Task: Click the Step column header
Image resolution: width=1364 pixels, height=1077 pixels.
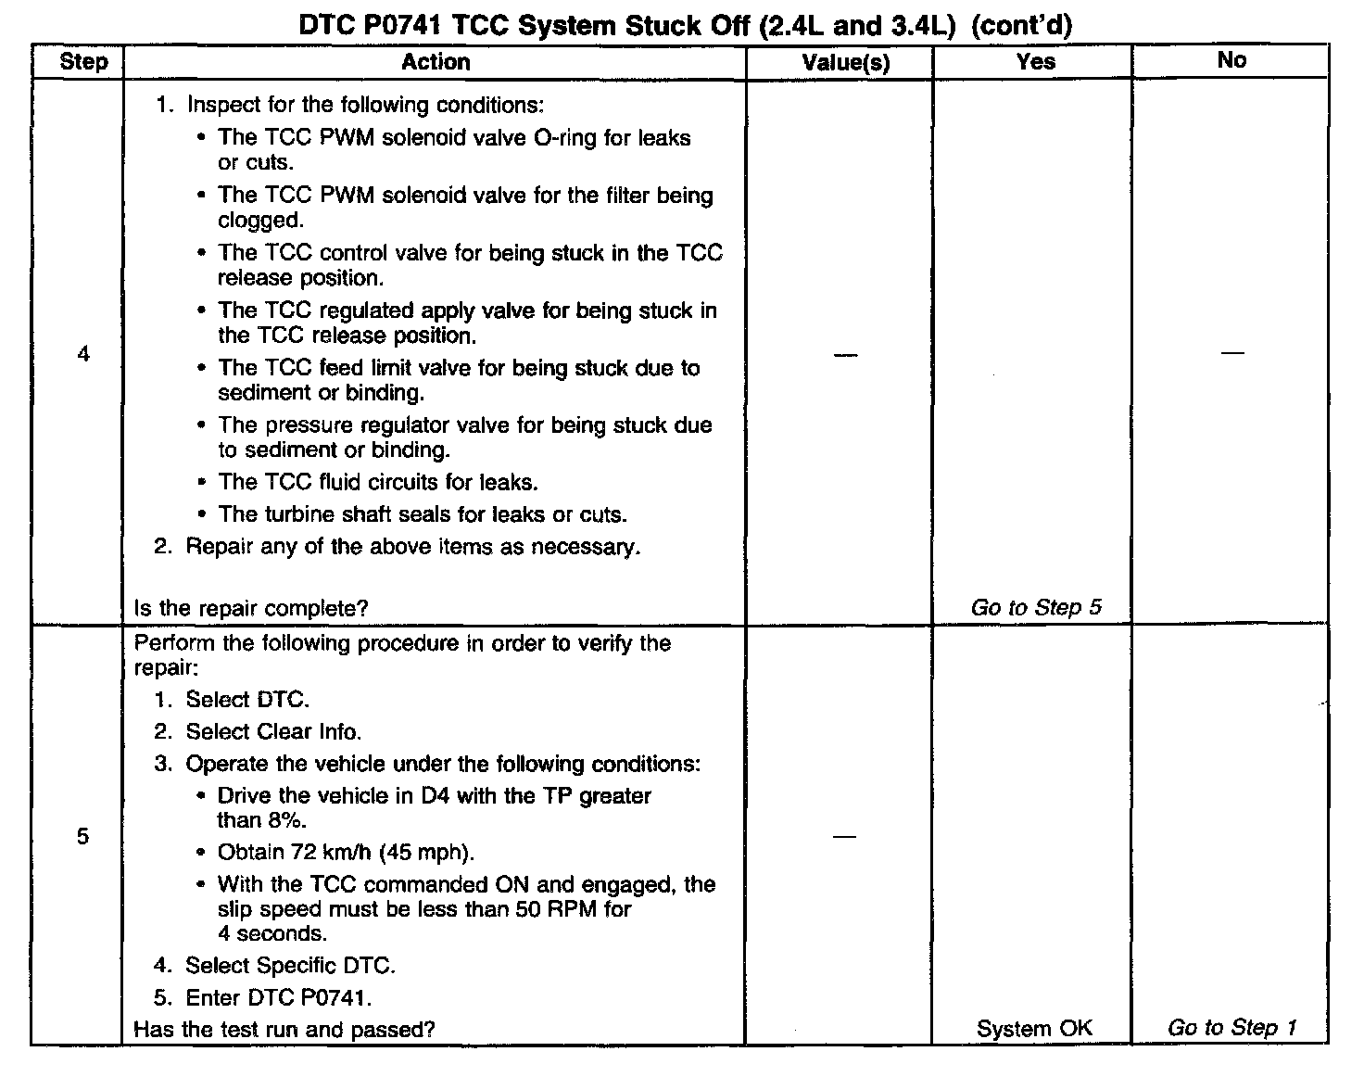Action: pyautogui.click(x=83, y=62)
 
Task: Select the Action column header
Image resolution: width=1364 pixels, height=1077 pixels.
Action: pyautogui.click(x=436, y=62)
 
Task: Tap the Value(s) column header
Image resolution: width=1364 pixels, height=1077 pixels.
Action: pyautogui.click(x=845, y=62)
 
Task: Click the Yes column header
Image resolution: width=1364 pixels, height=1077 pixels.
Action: pyautogui.click(x=1035, y=61)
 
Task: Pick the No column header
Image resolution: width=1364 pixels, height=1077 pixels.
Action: pyautogui.click(x=1231, y=60)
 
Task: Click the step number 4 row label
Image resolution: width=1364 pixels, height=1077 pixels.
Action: pyautogui.click(x=83, y=354)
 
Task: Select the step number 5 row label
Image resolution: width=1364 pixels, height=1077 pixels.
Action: pyautogui.click(x=83, y=837)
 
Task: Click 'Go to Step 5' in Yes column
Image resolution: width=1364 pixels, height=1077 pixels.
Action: pyautogui.click(x=1036, y=608)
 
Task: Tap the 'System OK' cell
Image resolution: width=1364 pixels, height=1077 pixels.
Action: pyautogui.click(x=1034, y=1028)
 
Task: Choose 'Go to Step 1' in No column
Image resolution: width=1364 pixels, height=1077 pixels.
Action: pyautogui.click(x=1231, y=1027)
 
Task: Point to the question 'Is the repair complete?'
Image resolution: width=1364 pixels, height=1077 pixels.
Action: pyautogui.click(x=251, y=609)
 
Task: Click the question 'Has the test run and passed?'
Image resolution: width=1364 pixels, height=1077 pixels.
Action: pyautogui.click(x=284, y=1029)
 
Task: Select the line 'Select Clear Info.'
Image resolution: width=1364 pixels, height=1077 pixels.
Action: pyautogui.click(x=273, y=732)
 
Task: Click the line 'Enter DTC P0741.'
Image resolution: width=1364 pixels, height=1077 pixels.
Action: pyautogui.click(x=278, y=998)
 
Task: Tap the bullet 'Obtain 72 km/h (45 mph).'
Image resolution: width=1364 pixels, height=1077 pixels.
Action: pyautogui.click(x=346, y=853)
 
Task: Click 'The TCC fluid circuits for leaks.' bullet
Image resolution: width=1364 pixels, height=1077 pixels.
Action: pyautogui.click(x=377, y=483)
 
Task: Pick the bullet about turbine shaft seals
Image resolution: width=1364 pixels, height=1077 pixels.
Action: pyautogui.click(x=422, y=514)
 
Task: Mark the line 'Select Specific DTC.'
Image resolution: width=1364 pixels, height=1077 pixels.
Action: pyautogui.click(x=290, y=966)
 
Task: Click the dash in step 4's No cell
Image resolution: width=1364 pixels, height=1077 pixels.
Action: pyautogui.click(x=1231, y=353)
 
